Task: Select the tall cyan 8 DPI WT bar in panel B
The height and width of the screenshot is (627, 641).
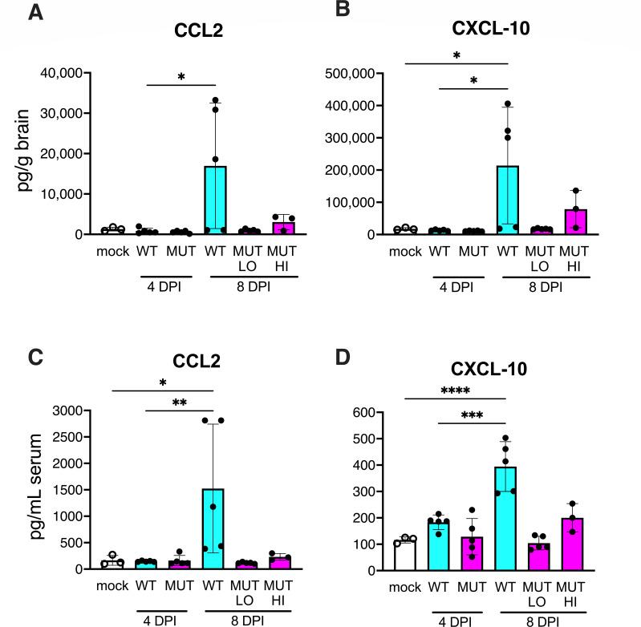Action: (x=507, y=200)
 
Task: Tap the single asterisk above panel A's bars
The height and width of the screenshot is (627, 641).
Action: (x=181, y=78)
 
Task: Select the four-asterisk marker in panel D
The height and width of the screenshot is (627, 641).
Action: (x=455, y=391)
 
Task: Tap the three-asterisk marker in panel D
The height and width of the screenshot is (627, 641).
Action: (x=473, y=417)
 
